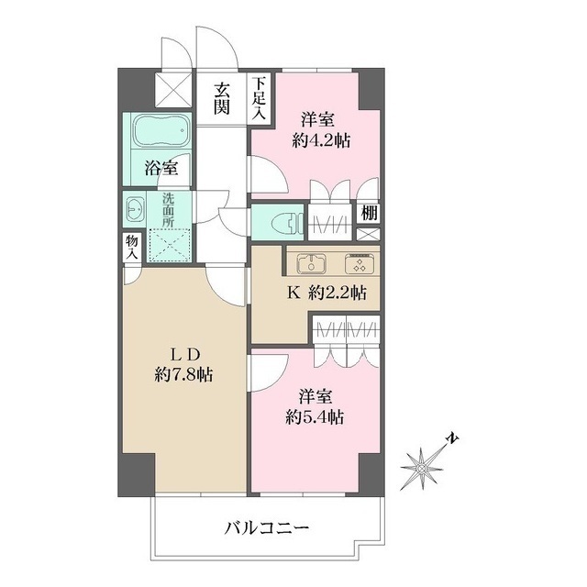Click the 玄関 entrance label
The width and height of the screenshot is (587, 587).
(222, 98)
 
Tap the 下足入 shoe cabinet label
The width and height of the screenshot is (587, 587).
(260, 98)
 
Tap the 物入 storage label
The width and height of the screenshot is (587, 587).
(130, 245)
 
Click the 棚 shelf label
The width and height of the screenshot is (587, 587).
(367, 212)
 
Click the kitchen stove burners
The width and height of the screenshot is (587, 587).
(356, 263)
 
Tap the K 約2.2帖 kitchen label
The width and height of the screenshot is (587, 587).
(327, 293)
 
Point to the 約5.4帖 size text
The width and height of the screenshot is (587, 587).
(314, 416)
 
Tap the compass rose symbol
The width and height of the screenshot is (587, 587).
(423, 467)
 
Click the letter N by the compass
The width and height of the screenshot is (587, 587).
(451, 439)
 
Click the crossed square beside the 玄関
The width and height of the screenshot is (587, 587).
(171, 90)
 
